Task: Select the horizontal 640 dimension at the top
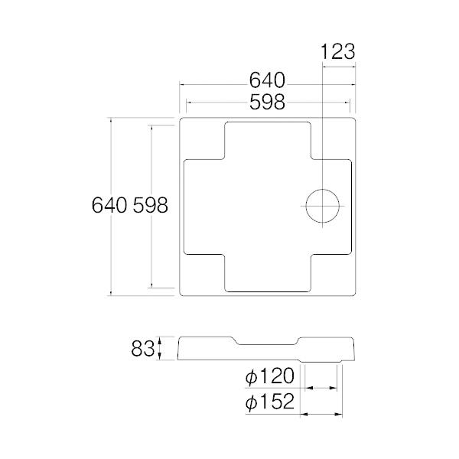point(266,80)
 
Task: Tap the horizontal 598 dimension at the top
point(266,99)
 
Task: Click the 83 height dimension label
point(142,349)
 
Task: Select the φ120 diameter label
point(270,377)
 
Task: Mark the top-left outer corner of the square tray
point(179,117)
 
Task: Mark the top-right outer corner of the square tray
point(357,117)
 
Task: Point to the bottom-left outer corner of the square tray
point(179,295)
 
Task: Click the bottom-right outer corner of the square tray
point(357,295)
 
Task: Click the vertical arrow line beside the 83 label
point(160,349)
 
